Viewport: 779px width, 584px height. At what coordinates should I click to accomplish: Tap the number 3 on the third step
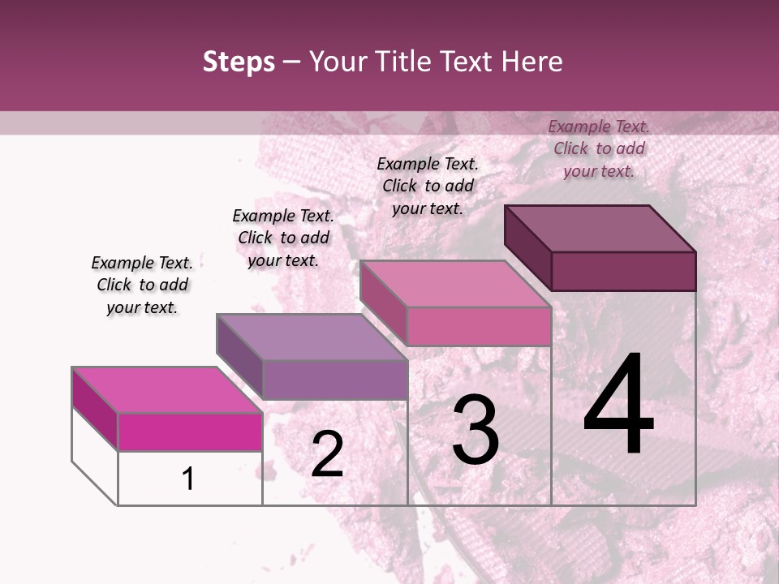coord(475,430)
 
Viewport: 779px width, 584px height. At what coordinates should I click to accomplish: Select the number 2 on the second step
coord(327,454)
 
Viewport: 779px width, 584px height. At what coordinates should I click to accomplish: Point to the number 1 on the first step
coord(188,479)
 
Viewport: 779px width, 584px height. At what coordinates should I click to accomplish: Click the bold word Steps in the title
coord(239,62)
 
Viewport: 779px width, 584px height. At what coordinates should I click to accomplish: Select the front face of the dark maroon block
coord(623,271)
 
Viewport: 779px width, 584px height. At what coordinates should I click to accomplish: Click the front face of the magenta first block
coord(190,432)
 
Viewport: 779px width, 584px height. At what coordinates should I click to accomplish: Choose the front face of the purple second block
coord(334,379)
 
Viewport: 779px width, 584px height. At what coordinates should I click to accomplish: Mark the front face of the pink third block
coord(479,326)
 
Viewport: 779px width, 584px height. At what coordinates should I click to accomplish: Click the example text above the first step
coord(142,285)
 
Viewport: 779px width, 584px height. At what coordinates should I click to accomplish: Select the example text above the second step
coord(283,238)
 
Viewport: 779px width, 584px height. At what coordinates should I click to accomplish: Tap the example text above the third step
coord(428,186)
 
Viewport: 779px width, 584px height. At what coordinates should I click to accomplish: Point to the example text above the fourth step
coord(599,148)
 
